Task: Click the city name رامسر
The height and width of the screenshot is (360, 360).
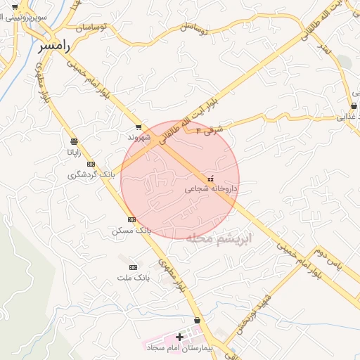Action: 55,45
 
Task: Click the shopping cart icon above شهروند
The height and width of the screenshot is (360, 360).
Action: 139,127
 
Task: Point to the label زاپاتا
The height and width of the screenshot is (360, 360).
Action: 74,152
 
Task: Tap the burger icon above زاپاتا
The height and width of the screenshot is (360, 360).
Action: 74,142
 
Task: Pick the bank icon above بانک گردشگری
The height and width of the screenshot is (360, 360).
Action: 91,164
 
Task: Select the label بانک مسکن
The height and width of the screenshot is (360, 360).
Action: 131,230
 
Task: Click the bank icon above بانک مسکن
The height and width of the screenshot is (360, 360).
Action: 131,220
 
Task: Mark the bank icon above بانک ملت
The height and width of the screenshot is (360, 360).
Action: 133,267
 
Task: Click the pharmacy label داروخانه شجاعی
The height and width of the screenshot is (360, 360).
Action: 212,188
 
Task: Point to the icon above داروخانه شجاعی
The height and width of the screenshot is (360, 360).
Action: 212,179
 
